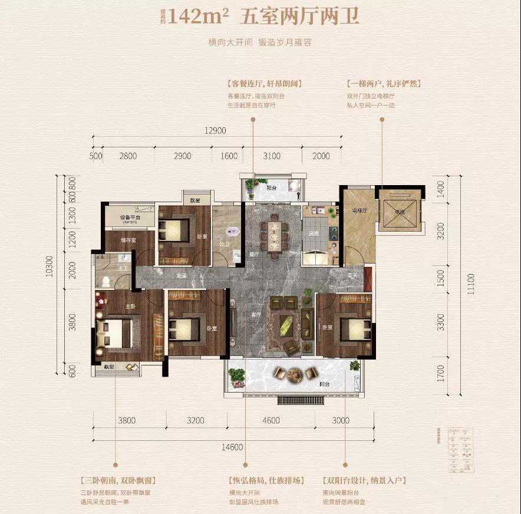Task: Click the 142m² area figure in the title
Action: pyautogui.click(x=198, y=17)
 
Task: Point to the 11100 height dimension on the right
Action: pyautogui.click(x=469, y=286)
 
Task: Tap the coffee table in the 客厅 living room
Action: pyautogui.click(x=287, y=323)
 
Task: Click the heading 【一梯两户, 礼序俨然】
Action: pyautogui.click(x=384, y=84)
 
